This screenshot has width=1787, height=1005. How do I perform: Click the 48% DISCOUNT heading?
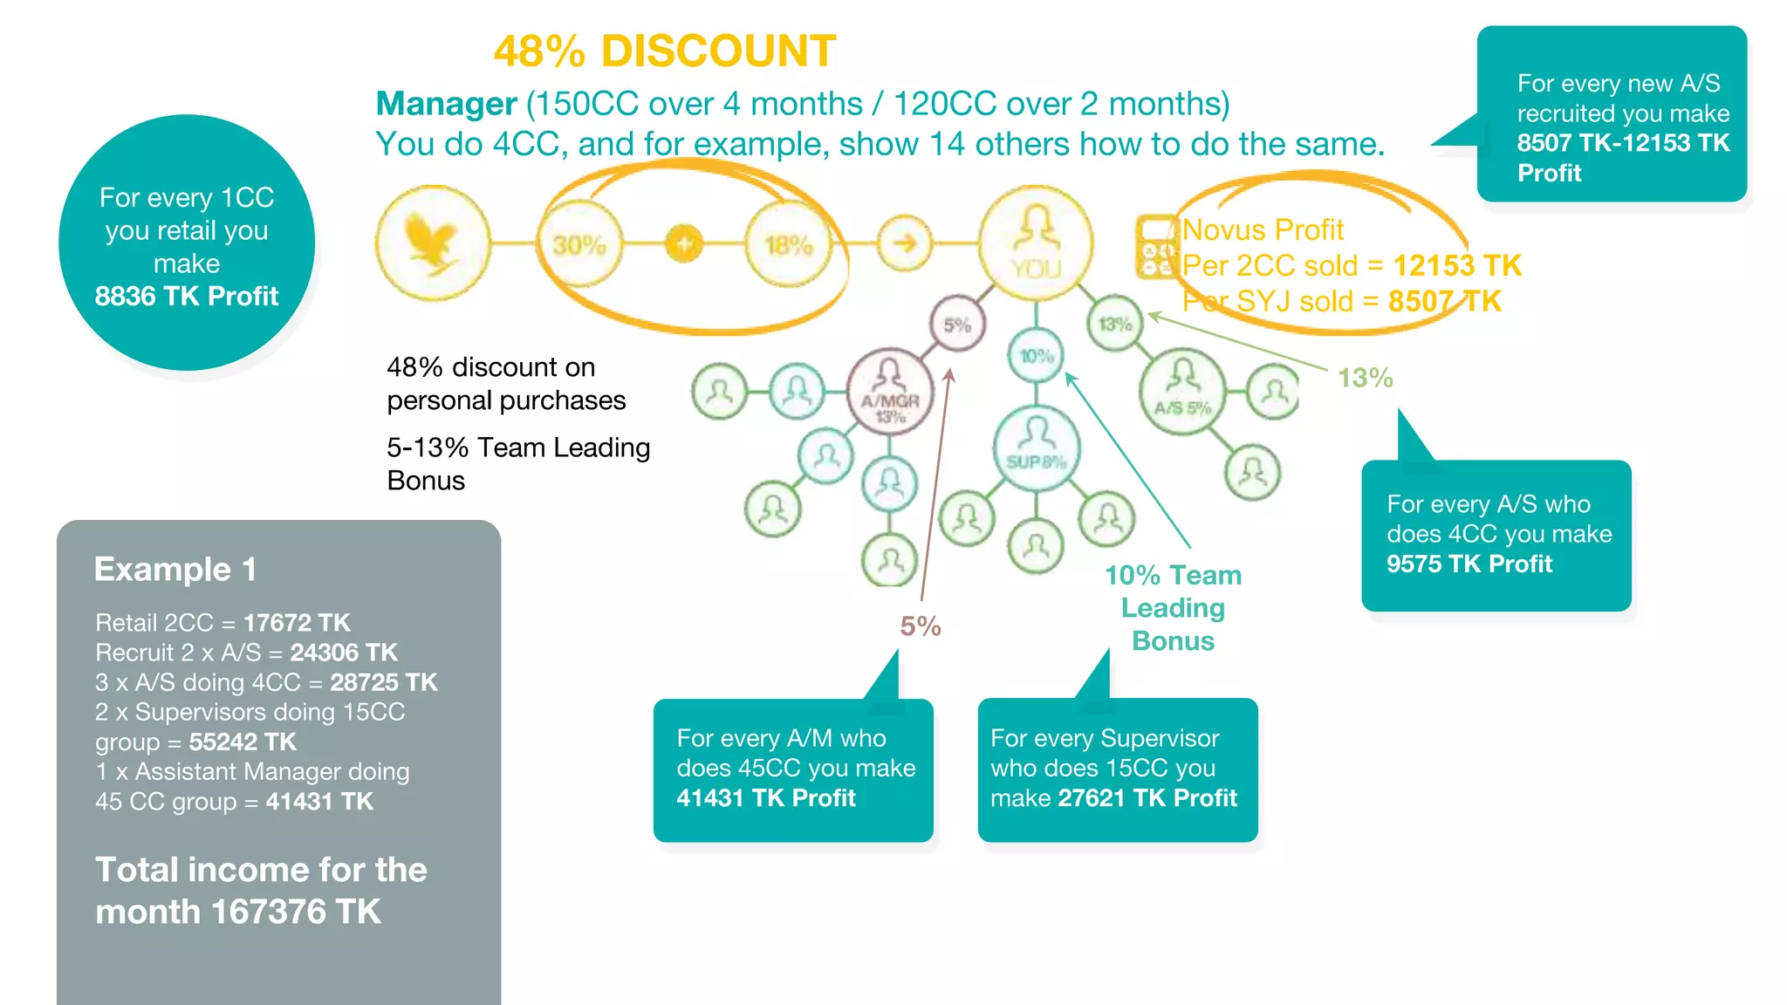[x=664, y=51]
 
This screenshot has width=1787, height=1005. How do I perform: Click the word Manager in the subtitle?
[x=446, y=104]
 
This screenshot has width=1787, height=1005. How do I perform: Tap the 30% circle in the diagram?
[x=579, y=245]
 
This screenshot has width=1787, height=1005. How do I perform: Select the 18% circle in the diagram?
[x=789, y=245]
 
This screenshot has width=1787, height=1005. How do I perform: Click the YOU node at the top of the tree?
[x=1036, y=243]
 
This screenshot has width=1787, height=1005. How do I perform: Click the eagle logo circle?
[x=433, y=243]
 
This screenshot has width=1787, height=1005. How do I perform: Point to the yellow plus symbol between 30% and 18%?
[x=684, y=244]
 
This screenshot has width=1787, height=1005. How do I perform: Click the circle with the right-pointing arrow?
[x=905, y=243]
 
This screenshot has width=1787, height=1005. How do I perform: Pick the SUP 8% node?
[x=1037, y=448]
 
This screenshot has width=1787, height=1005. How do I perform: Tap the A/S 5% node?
[x=1182, y=393]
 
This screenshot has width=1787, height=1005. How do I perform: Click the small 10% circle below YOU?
[x=1037, y=356]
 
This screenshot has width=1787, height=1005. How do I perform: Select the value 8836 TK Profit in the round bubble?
[x=187, y=297]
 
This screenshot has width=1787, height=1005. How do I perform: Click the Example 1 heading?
[x=175, y=570]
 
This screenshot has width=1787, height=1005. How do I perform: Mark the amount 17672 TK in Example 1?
[x=297, y=623]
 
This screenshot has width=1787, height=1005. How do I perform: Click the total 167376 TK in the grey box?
[x=295, y=912]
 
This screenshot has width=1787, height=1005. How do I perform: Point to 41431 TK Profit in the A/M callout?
[x=766, y=798]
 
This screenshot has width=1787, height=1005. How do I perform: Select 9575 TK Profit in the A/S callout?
[x=1469, y=564]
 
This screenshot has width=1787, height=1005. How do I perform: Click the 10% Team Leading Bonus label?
[x=1173, y=608]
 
